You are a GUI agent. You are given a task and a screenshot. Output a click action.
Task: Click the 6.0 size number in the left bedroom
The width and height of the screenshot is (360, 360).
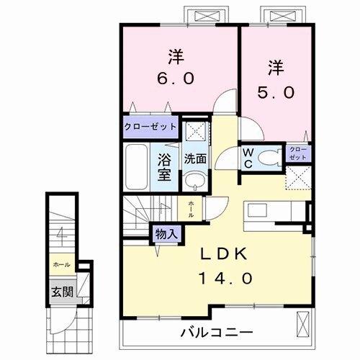[x=174, y=77]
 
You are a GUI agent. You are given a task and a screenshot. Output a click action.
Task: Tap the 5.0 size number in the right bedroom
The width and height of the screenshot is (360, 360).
[x=276, y=91]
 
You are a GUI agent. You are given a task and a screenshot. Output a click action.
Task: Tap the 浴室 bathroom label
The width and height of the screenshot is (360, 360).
[x=165, y=165]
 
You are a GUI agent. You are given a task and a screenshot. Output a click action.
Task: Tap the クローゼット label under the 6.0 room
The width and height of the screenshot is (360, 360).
[x=150, y=126]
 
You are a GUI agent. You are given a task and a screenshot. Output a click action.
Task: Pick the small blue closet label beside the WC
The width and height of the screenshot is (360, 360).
[x=298, y=153]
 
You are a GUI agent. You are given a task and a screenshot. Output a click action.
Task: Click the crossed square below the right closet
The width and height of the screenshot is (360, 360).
[x=298, y=177]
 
